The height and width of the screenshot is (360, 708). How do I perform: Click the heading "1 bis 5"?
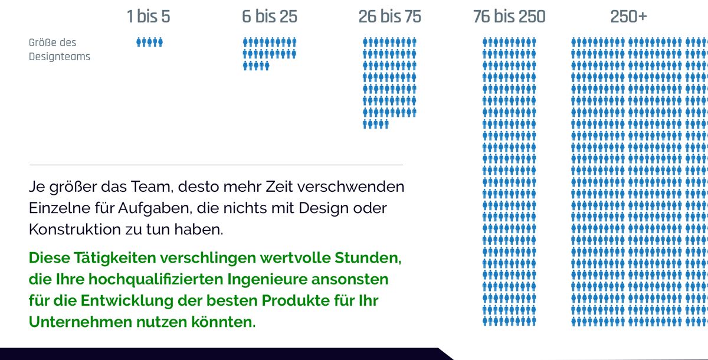(148, 17)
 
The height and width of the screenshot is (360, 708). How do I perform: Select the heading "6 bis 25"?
(270, 17)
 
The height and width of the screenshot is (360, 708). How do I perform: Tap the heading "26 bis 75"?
(389, 17)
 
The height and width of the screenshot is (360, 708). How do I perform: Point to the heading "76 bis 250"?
(509, 17)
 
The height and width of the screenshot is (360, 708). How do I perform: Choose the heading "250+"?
(628, 17)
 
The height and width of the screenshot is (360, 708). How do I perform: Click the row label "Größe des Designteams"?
(59, 50)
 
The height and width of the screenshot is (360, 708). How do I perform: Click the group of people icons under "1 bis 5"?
(149, 42)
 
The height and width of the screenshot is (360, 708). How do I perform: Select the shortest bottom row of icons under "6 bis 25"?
(256, 66)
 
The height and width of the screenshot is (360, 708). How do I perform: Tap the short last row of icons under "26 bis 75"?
(376, 124)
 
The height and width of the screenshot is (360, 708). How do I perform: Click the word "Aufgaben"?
(160, 208)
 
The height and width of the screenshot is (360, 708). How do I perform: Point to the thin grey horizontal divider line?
(215, 165)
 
